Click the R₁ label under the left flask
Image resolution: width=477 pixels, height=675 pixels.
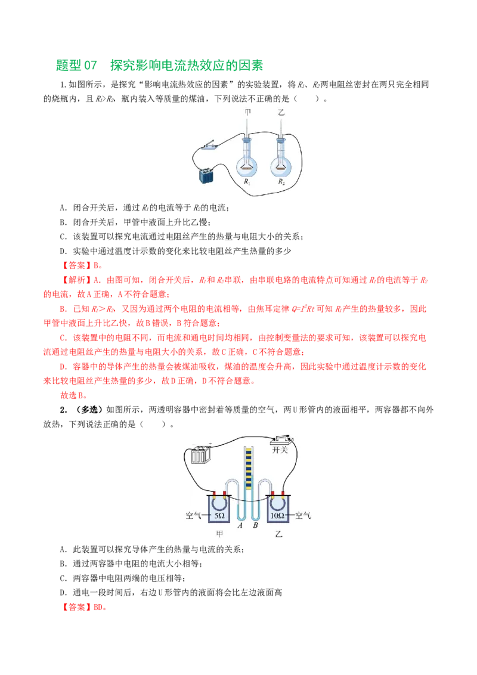pos(247,182)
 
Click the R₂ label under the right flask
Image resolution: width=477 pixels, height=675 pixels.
pos(281,182)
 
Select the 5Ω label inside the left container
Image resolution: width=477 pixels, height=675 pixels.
pos(219,515)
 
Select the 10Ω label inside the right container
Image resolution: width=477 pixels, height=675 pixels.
pos(277,515)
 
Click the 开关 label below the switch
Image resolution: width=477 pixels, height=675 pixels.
pos(280,450)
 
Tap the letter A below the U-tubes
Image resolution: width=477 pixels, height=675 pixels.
pos(240,525)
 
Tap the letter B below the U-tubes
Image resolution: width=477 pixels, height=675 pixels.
pos(255,525)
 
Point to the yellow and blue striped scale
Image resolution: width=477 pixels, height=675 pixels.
pos(249,468)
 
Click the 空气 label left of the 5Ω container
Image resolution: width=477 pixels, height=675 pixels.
pos(193,515)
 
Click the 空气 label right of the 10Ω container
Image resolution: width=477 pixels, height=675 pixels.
pos(303,515)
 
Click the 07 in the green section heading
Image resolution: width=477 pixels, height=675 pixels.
pos(91,66)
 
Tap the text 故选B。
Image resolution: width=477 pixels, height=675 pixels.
pos(73,395)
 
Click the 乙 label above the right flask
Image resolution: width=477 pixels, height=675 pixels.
pos(281,113)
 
